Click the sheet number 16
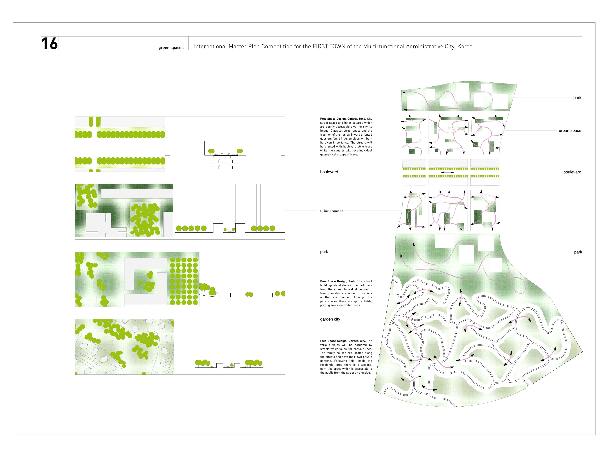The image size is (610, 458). pyautogui.click(x=50, y=44)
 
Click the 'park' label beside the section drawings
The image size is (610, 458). pyautogui.click(x=324, y=251)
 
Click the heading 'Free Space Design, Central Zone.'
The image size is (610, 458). pyautogui.click(x=343, y=119)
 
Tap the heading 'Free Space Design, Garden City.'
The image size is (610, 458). pyautogui.click(x=343, y=341)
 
